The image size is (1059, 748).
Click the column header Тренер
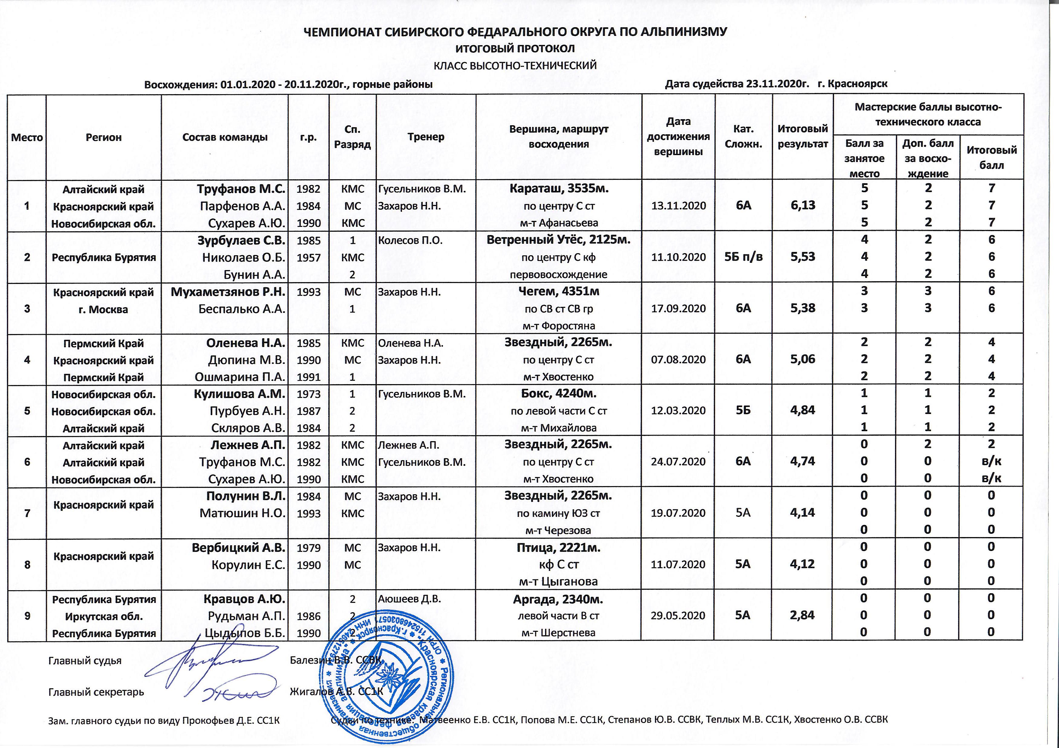coord(426,137)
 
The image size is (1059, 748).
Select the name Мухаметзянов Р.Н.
coord(228,292)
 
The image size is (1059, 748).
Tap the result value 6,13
coord(803,205)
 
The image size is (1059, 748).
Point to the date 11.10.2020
coord(678,257)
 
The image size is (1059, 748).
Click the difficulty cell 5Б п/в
coord(743,257)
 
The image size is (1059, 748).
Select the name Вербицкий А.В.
coord(239,548)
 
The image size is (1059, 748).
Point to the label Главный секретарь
coord(96,692)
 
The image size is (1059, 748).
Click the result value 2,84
coord(803,615)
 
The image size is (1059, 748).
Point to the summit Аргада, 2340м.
coord(559,600)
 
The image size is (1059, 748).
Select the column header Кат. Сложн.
coord(743,137)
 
